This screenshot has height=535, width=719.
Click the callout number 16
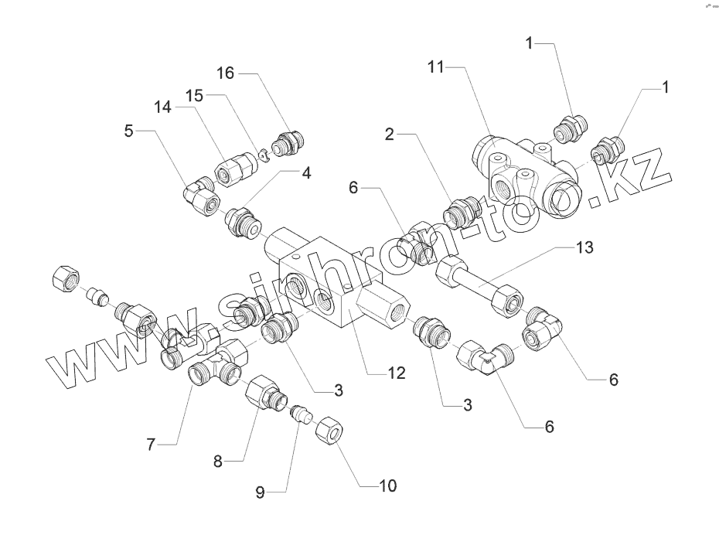coord(225,73)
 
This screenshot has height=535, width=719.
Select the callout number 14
coord(162,109)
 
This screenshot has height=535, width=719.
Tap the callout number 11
coord(436,68)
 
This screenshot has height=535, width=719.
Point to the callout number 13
coord(585,248)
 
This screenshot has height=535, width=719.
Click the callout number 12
coord(396,373)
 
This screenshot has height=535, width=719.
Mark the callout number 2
coord(390,135)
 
